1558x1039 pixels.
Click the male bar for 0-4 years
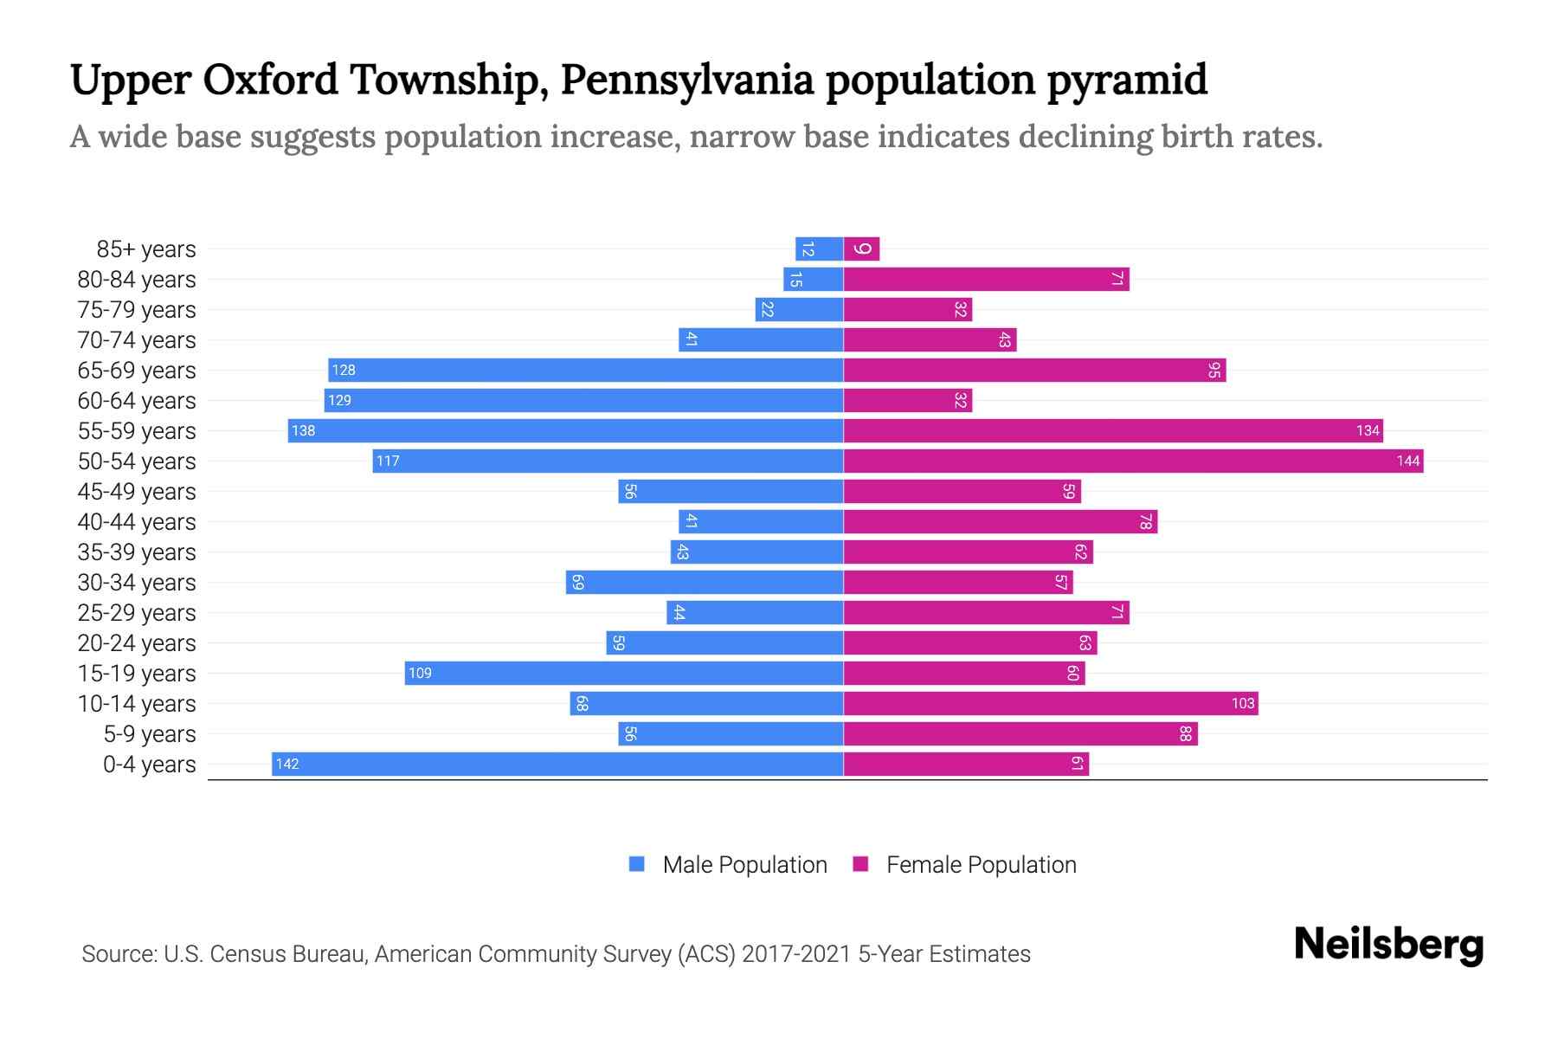[x=557, y=764]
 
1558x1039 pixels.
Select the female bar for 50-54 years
[x=1133, y=461]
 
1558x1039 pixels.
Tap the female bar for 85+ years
[x=861, y=249]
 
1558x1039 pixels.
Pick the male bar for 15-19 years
[x=623, y=673]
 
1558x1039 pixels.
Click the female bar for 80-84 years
[x=986, y=280]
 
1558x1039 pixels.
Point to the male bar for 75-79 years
[x=799, y=310]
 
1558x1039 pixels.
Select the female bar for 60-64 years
[x=907, y=401]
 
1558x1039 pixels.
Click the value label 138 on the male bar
[x=303, y=431]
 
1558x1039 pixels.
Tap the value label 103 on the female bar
[x=1243, y=704]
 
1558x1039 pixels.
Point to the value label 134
[x=1368, y=431]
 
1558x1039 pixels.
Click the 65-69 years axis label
[x=137, y=371]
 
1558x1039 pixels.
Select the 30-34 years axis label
[x=137, y=583]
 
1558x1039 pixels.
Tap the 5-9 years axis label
[x=149, y=734]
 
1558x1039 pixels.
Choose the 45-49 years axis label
[x=137, y=492]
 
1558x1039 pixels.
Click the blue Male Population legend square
[x=637, y=864]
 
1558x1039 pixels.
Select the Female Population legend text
[x=981, y=864]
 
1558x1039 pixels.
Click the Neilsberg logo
[x=1388, y=945]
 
